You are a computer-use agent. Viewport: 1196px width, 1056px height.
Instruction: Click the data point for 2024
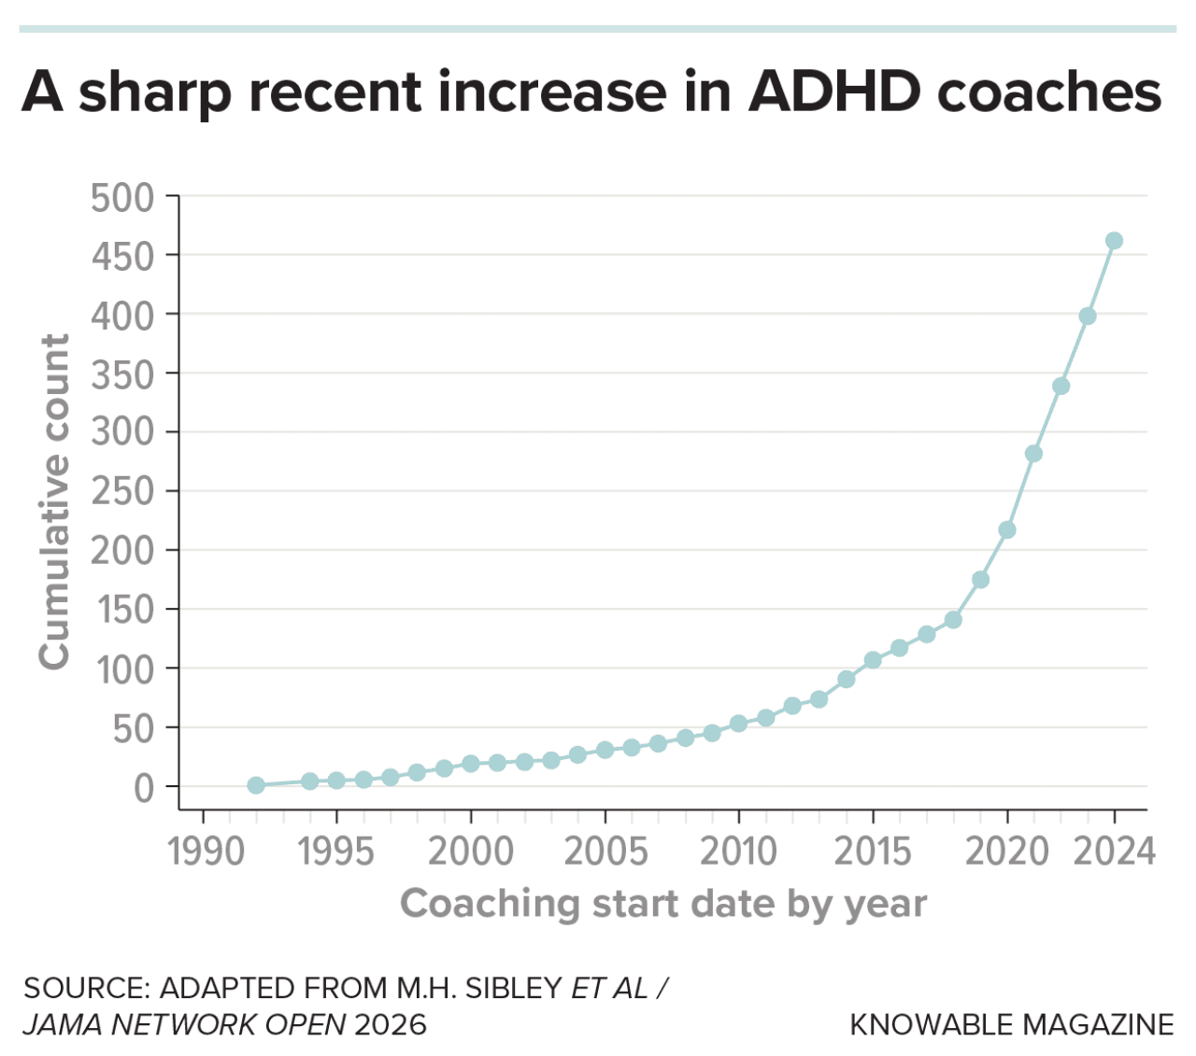click(x=1114, y=241)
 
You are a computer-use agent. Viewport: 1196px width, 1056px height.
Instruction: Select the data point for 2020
click(x=1007, y=529)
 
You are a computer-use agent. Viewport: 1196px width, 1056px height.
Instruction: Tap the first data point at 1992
click(x=256, y=785)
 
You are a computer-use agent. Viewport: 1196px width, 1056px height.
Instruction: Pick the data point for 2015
click(x=873, y=660)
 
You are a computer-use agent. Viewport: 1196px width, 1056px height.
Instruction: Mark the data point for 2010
click(x=738, y=724)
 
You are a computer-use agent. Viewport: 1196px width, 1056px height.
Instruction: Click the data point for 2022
click(x=1061, y=386)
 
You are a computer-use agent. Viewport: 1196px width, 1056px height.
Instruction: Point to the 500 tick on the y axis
click(x=122, y=198)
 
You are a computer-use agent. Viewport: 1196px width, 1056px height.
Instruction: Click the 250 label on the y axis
click(x=122, y=491)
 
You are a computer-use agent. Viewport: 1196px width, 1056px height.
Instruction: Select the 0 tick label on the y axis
click(x=143, y=788)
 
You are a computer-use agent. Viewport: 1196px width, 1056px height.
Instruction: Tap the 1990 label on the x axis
click(x=205, y=852)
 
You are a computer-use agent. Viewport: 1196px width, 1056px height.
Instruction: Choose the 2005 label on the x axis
click(x=605, y=852)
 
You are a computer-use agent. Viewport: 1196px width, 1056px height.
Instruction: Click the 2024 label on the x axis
click(x=1114, y=852)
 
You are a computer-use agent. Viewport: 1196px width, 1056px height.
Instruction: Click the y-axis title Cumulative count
click(x=54, y=501)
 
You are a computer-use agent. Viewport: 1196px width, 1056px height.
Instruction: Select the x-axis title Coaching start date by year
click(x=663, y=904)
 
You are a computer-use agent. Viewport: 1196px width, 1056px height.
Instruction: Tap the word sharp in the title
click(x=156, y=92)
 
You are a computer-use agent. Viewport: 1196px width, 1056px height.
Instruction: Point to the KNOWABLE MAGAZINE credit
click(x=1011, y=1024)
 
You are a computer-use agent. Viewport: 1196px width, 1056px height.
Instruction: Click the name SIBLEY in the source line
click(x=513, y=988)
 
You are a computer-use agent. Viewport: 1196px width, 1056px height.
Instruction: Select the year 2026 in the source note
click(x=390, y=1024)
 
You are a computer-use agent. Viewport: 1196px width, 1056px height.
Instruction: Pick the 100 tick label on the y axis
click(x=122, y=669)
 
